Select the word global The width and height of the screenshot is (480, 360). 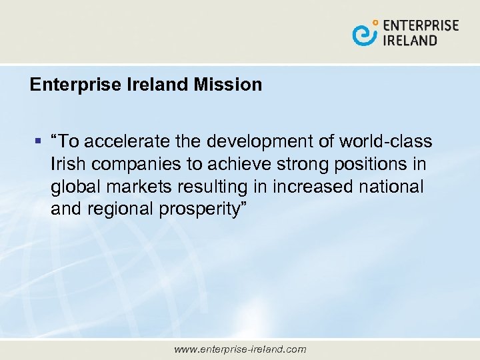pyautogui.click(x=72, y=187)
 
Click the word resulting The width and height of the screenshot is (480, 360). pyautogui.click(x=207, y=187)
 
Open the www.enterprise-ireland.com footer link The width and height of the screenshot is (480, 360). pyautogui.click(x=239, y=349)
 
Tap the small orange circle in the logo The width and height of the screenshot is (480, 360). pyautogui.click(x=375, y=23)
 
